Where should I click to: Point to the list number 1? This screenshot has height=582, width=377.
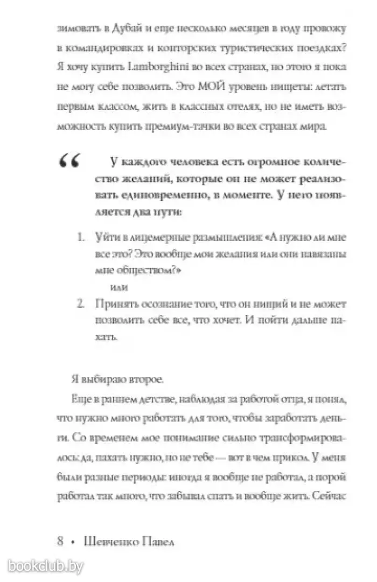tap(80, 236)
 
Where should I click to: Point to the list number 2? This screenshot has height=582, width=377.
tap(80, 304)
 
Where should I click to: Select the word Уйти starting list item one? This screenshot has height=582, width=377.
tap(106, 236)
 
